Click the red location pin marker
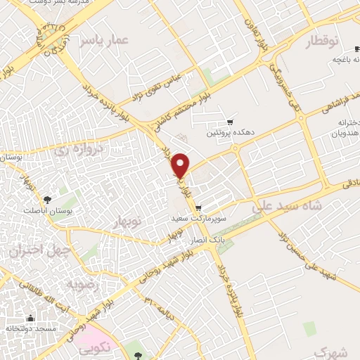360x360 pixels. coord(181,165)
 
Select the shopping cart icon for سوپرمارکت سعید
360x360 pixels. coord(200,207)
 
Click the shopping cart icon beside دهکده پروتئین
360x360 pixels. coord(230,122)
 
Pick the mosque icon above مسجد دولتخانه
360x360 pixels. coord(31,318)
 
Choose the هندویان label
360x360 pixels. coord(345,131)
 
